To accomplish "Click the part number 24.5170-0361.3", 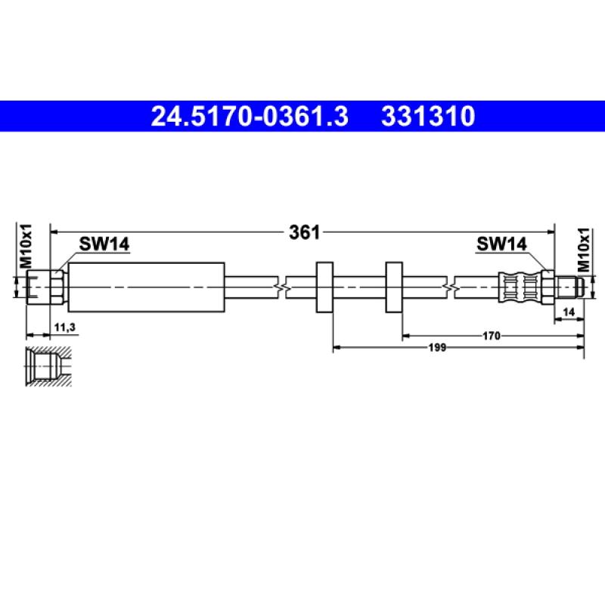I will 250,117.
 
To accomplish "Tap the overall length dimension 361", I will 304,232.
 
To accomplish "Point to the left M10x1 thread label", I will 25,246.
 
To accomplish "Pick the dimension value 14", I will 569,311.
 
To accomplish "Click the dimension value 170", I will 492,335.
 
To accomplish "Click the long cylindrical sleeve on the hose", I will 147,287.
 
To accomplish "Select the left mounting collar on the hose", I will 324,287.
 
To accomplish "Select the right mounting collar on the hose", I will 393,287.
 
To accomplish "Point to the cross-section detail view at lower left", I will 47,368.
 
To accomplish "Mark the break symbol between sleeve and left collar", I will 281,287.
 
